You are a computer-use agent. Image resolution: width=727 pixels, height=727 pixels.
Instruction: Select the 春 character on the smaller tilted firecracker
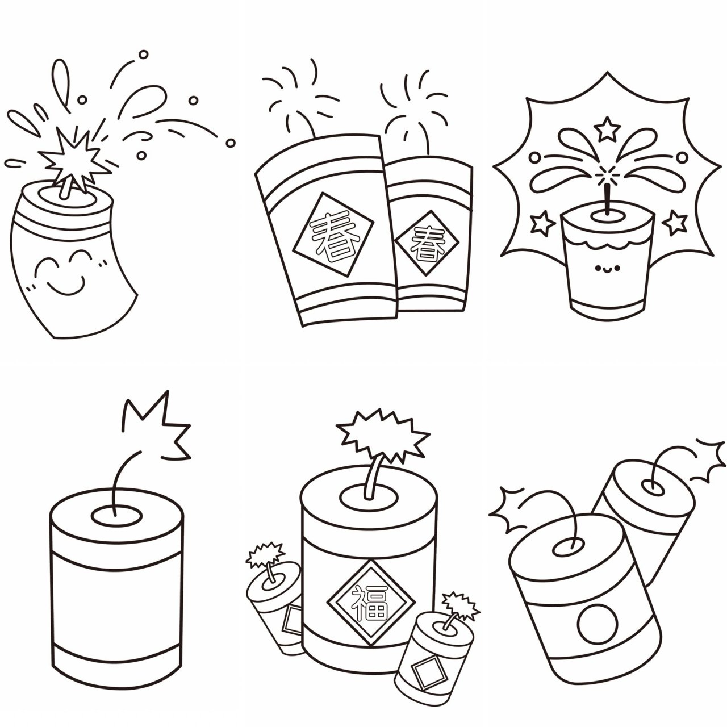[x=428, y=243]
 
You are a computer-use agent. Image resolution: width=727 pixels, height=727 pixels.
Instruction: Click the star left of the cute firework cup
[x=542, y=224]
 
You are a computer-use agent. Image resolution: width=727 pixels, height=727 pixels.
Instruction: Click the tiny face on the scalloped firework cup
[x=607, y=269]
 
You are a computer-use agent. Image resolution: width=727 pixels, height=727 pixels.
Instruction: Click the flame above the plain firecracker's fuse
[x=157, y=426]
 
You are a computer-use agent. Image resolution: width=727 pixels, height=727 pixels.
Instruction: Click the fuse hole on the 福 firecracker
[x=369, y=499]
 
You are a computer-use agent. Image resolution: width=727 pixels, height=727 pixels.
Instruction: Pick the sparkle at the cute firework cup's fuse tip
[x=607, y=175]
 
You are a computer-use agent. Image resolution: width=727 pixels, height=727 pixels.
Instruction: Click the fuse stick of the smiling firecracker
[x=65, y=187]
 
